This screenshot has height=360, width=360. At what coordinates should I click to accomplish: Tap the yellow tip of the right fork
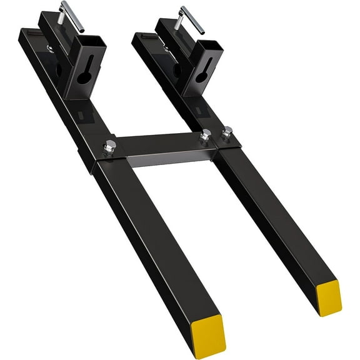pos(327,297)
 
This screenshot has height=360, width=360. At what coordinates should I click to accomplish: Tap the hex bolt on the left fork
pos(111,147)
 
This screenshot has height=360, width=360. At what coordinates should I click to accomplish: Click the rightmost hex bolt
pos(228,132)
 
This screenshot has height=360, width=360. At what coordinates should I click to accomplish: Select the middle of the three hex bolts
pos(205,136)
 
